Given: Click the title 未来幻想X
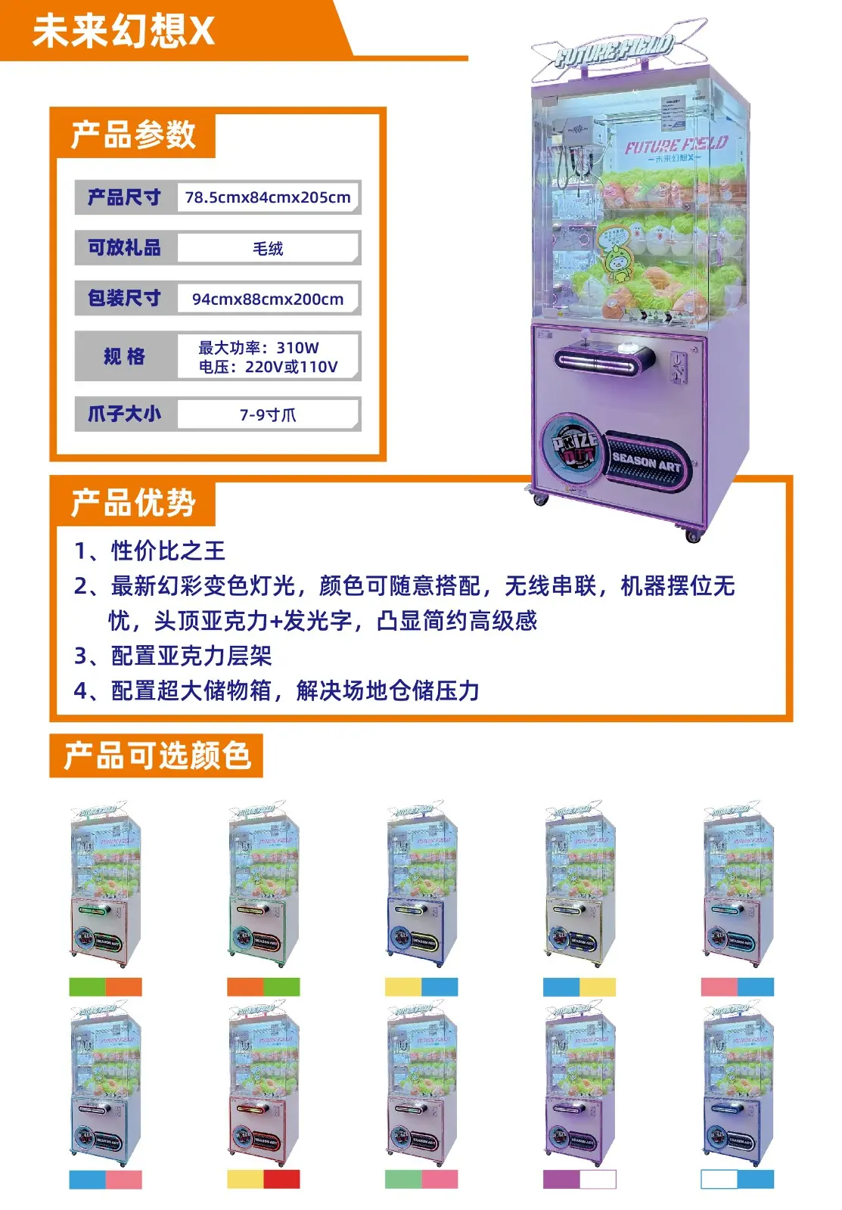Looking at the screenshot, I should pyautogui.click(x=123, y=31).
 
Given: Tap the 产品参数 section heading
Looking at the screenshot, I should pyautogui.click(x=133, y=135).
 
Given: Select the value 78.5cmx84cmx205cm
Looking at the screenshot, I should pyautogui.click(x=268, y=197).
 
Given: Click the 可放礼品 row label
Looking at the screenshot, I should pyautogui.click(x=124, y=248).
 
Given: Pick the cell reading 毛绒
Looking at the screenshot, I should pyautogui.click(x=268, y=248).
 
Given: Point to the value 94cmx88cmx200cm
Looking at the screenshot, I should pyautogui.click(x=268, y=299).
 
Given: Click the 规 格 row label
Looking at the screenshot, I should pyautogui.click(x=124, y=356).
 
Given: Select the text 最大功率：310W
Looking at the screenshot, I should pyautogui.click(x=259, y=347).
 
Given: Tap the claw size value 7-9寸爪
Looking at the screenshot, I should pyautogui.click(x=268, y=414).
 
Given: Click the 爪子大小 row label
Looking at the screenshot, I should pyautogui.click(x=124, y=414).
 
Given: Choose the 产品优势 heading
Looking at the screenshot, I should pyautogui.click(x=133, y=503).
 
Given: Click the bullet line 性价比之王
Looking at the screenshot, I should pyautogui.click(x=168, y=551).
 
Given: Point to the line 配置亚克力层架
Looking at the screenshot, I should pyautogui.click(x=191, y=655).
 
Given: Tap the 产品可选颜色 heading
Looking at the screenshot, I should pyautogui.click(x=157, y=755).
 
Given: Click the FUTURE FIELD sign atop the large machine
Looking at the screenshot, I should pyautogui.click(x=613, y=50).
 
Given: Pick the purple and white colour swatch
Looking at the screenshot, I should pyautogui.click(x=579, y=1179).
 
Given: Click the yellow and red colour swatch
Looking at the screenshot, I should pyautogui.click(x=263, y=1179).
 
